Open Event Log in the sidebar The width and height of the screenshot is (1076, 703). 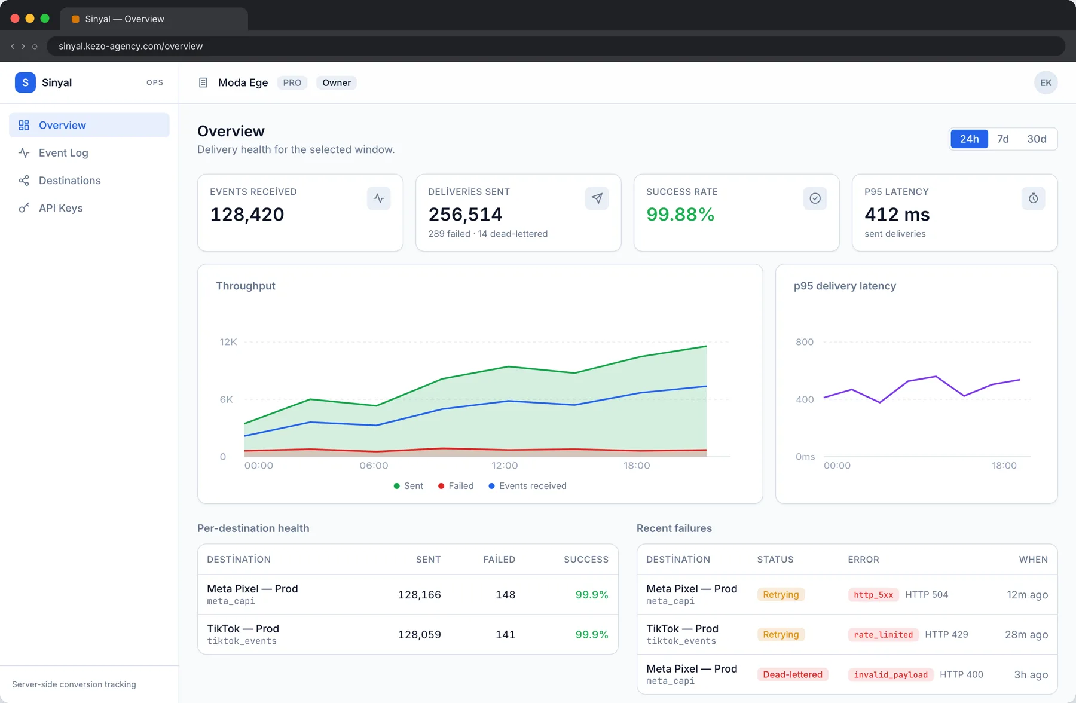pyautogui.click(x=63, y=153)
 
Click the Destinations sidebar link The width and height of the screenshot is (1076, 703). pyautogui.click(x=69, y=181)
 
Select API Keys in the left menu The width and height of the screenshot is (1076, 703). pyautogui.click(x=60, y=208)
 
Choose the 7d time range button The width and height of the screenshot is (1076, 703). pyautogui.click(x=1003, y=139)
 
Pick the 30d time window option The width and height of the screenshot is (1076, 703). pyautogui.click(x=1037, y=139)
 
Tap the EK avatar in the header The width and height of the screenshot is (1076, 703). pyautogui.click(x=1046, y=82)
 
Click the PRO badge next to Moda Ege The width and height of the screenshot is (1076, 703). pyautogui.click(x=292, y=82)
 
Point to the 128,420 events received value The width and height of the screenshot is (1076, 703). pyautogui.click(x=247, y=215)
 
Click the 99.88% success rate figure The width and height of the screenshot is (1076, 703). pyautogui.click(x=680, y=215)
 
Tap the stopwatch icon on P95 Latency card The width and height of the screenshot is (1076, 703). pyautogui.click(x=1033, y=198)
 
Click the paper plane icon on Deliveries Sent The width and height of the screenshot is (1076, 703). pyautogui.click(x=597, y=198)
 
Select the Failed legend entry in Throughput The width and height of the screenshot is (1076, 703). pyautogui.click(x=456, y=486)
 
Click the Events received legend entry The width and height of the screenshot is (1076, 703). pyautogui.click(x=527, y=486)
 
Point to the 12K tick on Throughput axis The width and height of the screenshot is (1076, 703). pyautogui.click(x=228, y=342)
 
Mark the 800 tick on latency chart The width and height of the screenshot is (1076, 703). pyautogui.click(x=805, y=342)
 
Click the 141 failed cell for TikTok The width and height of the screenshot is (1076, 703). pyautogui.click(x=505, y=635)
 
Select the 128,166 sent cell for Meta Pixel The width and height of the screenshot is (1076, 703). pyautogui.click(x=420, y=595)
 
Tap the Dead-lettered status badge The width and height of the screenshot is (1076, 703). pyautogui.click(x=793, y=674)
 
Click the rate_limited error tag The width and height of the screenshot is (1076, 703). pyautogui.click(x=884, y=635)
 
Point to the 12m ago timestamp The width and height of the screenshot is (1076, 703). pyautogui.click(x=1027, y=595)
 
